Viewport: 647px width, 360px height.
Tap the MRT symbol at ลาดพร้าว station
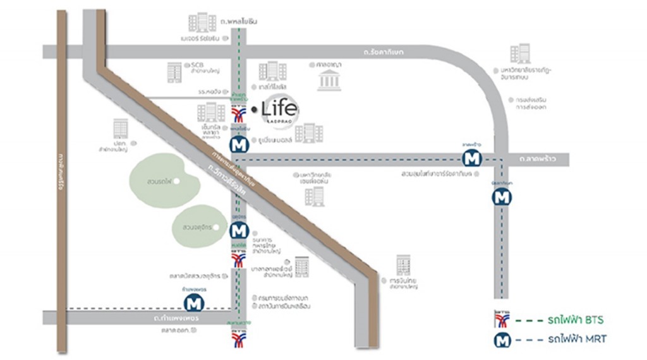471,159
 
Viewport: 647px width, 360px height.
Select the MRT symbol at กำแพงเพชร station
195,303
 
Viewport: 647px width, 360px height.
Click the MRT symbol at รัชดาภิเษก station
502,197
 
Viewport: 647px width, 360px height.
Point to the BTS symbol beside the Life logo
238,114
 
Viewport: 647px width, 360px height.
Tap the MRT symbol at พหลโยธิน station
238,145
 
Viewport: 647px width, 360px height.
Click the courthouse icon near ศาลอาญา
329,81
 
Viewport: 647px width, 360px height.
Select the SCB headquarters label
192,68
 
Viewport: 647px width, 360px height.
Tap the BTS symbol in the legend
503,317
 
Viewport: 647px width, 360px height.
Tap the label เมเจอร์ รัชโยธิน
199,38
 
